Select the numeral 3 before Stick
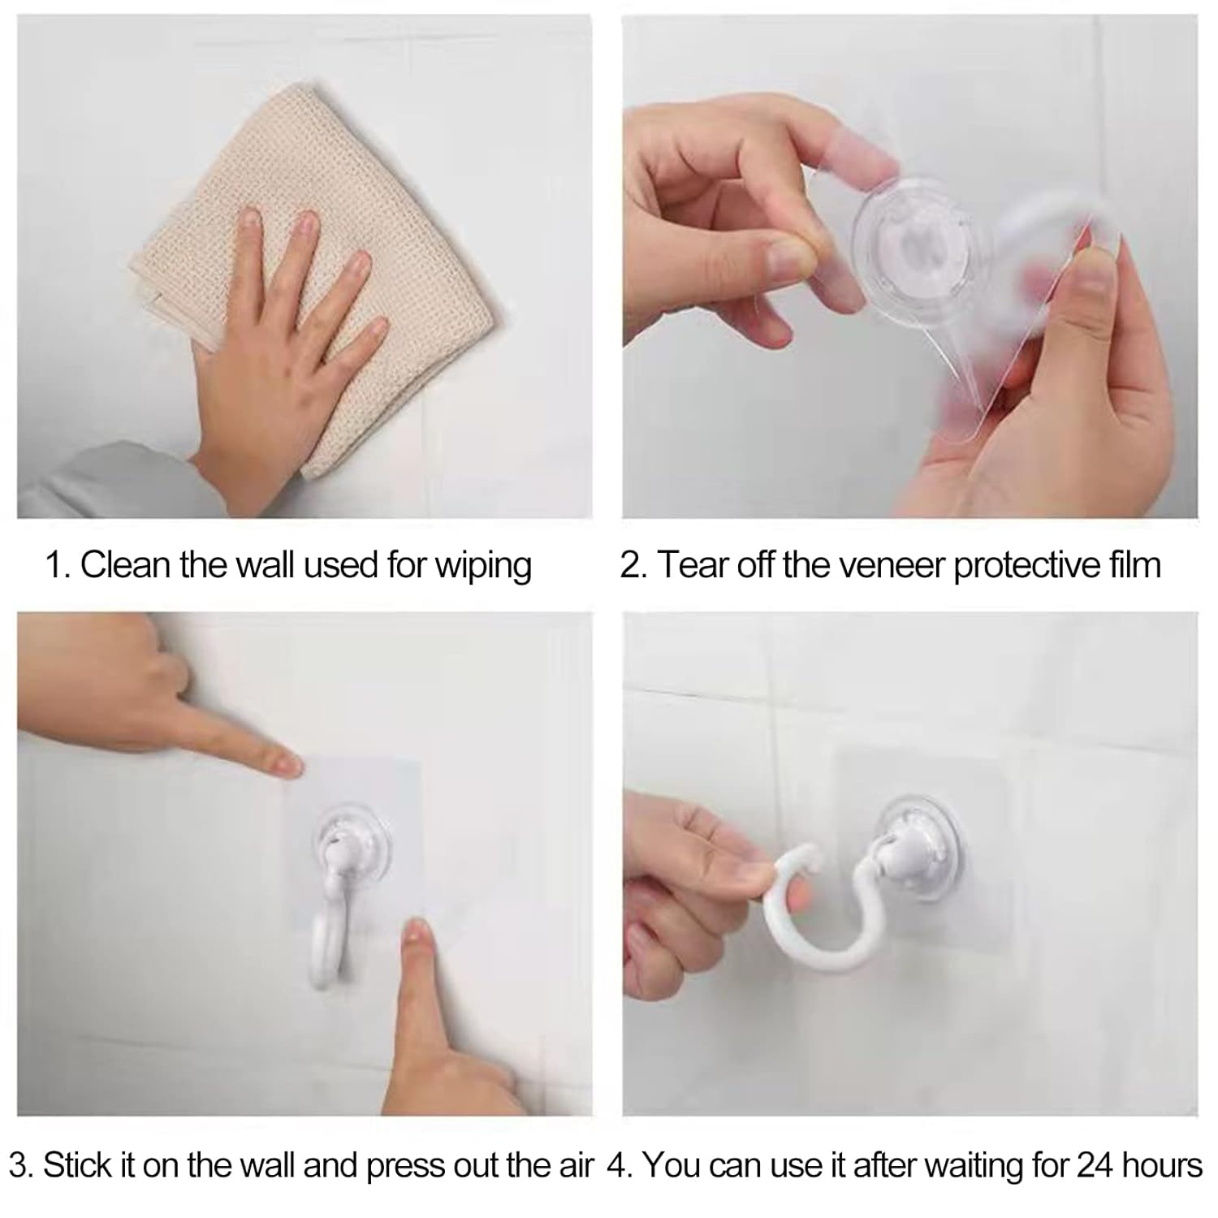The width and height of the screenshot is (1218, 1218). pos(22,1166)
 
